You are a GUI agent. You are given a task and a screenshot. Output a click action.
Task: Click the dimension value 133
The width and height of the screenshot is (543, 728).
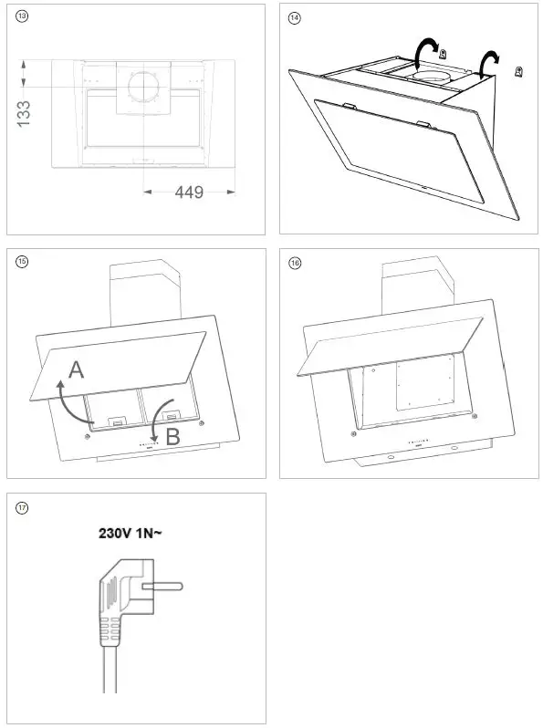point(25,113)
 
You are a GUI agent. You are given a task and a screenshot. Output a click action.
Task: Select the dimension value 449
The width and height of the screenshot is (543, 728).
point(189,192)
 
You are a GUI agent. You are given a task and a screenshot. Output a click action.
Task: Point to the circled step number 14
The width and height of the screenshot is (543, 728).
point(294,17)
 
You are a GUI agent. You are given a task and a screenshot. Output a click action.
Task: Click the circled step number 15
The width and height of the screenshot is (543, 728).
point(22,262)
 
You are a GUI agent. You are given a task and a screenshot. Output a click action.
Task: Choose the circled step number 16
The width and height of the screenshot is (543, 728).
point(294,262)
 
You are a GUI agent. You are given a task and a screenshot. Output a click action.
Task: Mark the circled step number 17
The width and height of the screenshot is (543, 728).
point(22,506)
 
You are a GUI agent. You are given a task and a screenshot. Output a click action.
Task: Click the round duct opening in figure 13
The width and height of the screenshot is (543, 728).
point(142,87)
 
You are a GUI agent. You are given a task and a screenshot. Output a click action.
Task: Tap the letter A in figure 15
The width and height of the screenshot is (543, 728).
point(77,369)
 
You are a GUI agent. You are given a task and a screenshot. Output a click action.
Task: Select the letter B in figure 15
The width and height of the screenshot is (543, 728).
point(173,437)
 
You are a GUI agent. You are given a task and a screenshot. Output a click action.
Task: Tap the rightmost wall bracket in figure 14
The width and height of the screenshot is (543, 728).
point(518,72)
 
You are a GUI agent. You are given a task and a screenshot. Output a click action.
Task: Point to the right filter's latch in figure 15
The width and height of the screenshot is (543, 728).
point(171,418)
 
